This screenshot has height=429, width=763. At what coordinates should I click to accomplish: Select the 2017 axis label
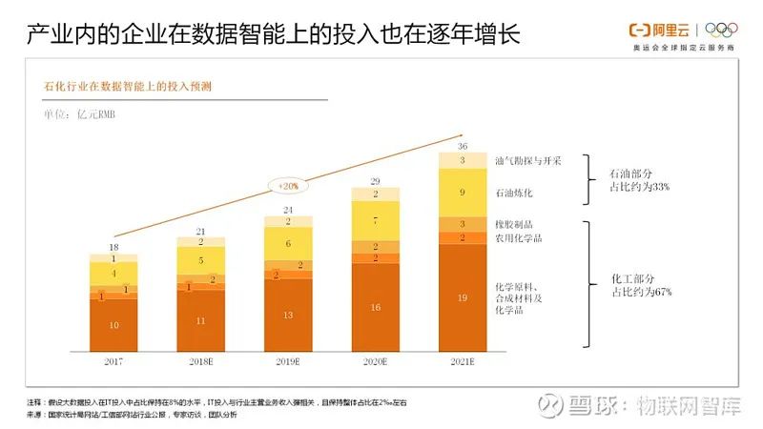pos(113,363)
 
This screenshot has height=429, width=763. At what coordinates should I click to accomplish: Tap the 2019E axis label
pos(288,363)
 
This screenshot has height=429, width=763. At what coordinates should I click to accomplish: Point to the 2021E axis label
pos(463,363)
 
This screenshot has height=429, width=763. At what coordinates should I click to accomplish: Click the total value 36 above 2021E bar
pos(463,146)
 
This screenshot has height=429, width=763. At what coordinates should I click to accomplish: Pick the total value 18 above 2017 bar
pos(113,248)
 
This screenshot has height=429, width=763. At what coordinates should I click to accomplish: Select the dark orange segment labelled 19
pos(463,298)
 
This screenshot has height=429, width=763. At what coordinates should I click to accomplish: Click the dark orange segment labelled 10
pos(113,326)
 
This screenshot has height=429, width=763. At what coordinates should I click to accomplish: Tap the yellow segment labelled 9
pos(463,193)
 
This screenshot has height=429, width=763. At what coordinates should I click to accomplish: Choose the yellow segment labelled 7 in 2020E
pos(376,220)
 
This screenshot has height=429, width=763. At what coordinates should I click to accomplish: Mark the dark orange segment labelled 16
pos(376,307)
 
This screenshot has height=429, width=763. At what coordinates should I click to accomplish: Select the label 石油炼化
pos(515,194)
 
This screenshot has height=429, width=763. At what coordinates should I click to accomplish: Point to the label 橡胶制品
pos(515,224)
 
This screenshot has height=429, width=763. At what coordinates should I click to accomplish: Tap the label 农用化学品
pos(519,238)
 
